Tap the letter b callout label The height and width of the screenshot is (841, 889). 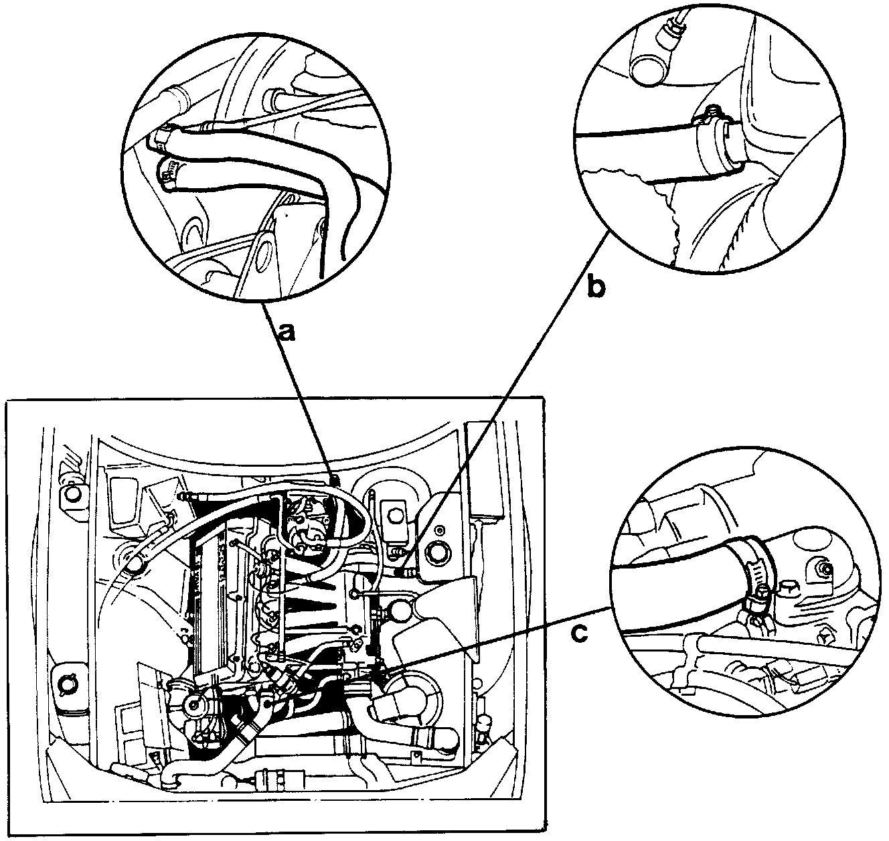[x=596, y=287]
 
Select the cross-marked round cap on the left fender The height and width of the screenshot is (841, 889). [x=69, y=684]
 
